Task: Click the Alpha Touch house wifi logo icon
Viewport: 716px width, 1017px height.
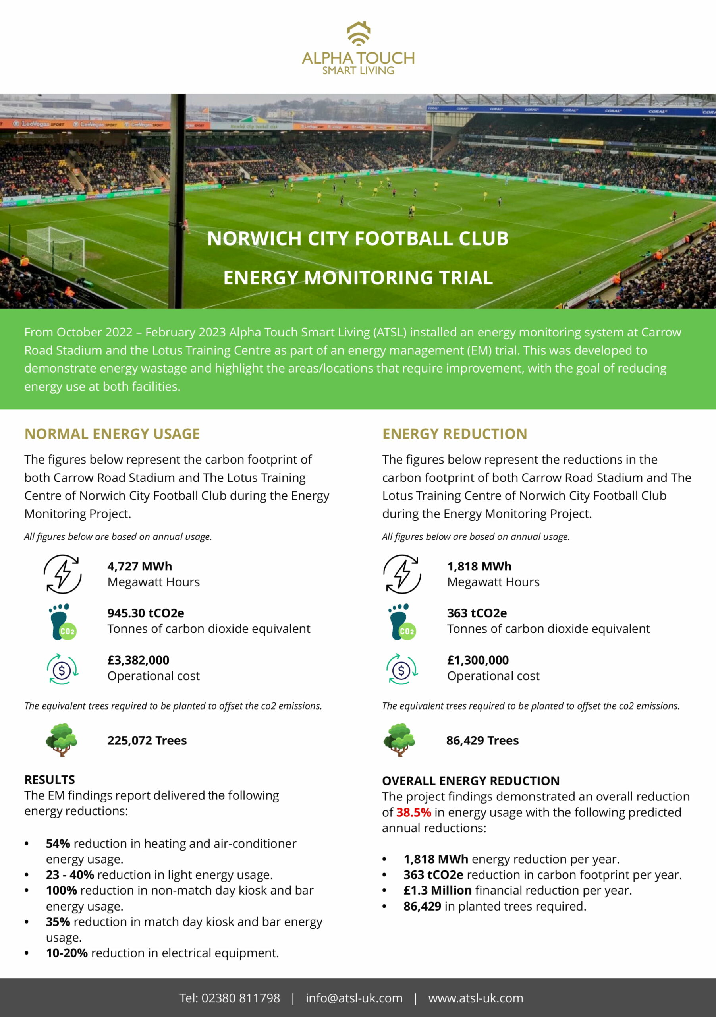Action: pos(358,34)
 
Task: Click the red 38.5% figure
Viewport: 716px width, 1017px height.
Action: pos(413,812)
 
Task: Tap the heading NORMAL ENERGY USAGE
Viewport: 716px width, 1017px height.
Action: pos(112,434)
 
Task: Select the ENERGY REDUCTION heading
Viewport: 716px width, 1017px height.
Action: pos(454,434)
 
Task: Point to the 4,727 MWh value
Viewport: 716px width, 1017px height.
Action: pos(139,566)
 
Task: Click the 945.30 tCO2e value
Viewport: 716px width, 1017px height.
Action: pos(145,613)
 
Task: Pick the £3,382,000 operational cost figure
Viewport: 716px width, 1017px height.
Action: pos(138,660)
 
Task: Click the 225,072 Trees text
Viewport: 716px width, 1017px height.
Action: pos(147,740)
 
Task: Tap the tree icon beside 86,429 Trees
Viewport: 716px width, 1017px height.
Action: pos(399,740)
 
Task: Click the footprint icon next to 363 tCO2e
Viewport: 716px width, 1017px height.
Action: pos(402,621)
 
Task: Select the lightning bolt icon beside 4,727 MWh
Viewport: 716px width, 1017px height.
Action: pos(62,574)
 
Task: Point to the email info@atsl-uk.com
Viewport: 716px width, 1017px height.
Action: pos(354,998)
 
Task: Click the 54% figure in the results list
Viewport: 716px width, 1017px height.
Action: pos(58,843)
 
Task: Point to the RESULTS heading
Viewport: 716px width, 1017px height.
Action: pos(50,779)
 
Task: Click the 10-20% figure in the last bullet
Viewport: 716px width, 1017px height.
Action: pos(67,953)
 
